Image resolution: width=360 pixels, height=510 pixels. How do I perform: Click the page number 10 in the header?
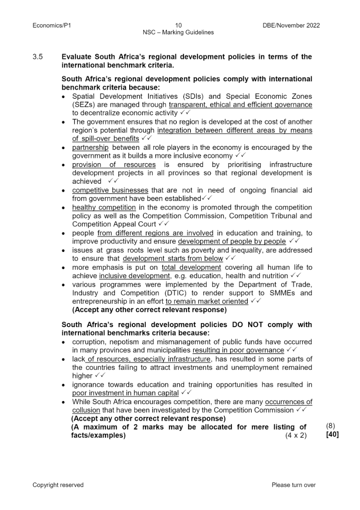[179, 26]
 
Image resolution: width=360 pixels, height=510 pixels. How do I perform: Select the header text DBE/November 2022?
[288, 26]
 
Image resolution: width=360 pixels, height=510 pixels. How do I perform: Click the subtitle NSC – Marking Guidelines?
[179, 33]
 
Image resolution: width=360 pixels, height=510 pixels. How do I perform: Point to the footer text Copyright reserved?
[58, 485]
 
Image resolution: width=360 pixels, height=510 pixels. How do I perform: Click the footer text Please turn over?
[294, 485]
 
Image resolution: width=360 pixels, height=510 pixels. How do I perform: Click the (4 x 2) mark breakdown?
[296, 435]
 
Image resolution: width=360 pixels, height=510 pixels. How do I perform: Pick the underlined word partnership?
[90, 147]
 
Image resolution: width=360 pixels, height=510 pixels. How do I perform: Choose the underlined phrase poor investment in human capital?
[125, 393]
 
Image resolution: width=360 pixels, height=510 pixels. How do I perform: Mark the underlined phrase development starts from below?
[173, 258]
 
